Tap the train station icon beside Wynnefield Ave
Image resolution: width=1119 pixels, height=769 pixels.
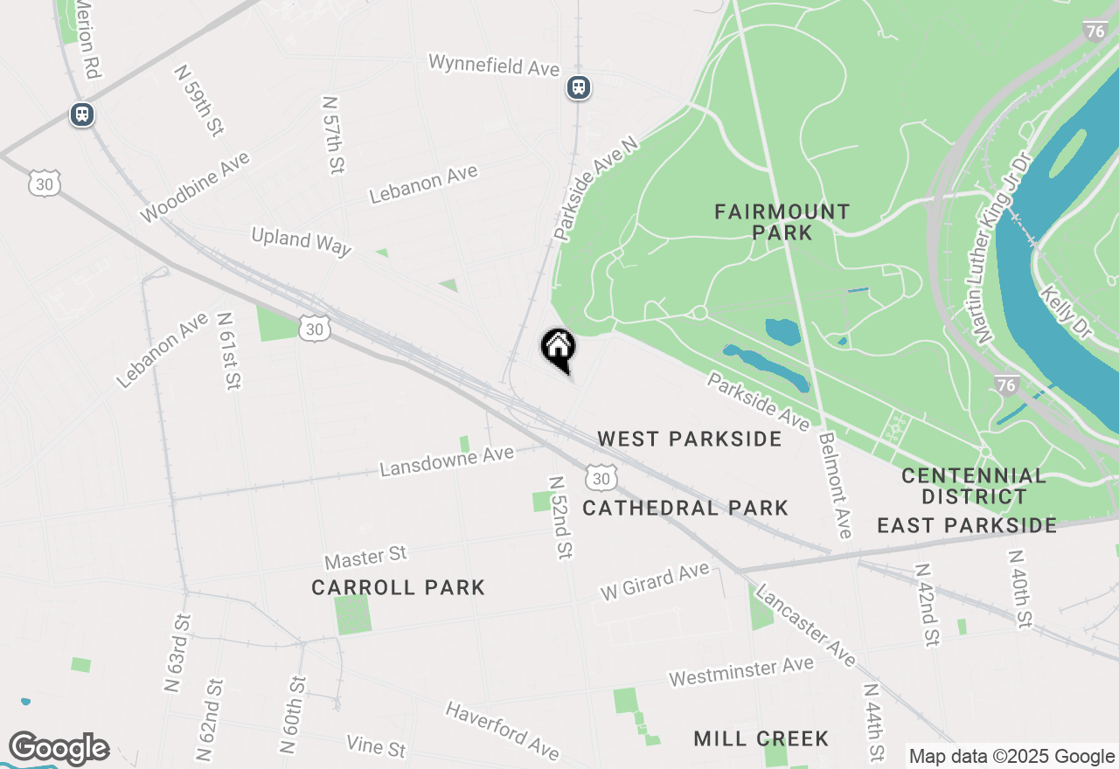click(x=578, y=87)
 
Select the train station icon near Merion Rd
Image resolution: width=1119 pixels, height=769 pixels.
click(x=82, y=114)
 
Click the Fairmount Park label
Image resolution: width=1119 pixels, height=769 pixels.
click(x=782, y=222)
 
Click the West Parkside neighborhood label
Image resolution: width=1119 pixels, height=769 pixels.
click(x=690, y=439)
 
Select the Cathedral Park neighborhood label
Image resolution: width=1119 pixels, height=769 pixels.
click(x=685, y=508)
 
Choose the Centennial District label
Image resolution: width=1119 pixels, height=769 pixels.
click(x=974, y=487)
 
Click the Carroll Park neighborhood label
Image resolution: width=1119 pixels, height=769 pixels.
click(x=398, y=587)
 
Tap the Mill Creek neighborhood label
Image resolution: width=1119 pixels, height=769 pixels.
click(x=761, y=739)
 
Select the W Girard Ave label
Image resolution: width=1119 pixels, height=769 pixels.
click(x=654, y=582)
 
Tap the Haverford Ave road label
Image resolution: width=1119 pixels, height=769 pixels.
click(x=501, y=730)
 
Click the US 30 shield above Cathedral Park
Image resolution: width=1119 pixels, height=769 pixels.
click(x=601, y=478)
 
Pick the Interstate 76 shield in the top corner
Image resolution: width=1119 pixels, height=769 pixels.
click(x=1094, y=31)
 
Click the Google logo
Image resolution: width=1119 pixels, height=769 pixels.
click(x=59, y=749)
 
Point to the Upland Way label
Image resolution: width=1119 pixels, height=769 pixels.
click(x=301, y=241)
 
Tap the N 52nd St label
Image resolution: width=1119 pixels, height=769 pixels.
click(x=560, y=517)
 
